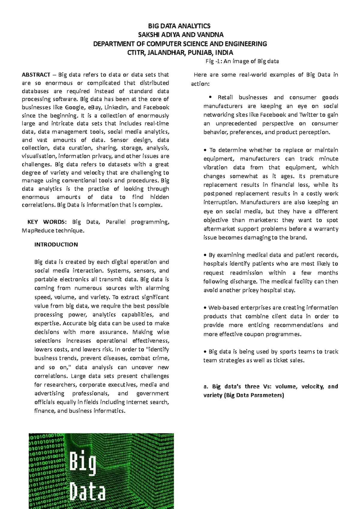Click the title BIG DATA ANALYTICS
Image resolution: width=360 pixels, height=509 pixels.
pyautogui.click(x=179, y=26)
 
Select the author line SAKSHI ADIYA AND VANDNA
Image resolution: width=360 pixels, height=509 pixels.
pyautogui.click(x=180, y=35)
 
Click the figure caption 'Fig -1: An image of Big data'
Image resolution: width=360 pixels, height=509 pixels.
pyautogui.click(x=242, y=61)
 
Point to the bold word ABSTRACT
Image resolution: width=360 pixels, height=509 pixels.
pyautogui.click(x=36, y=75)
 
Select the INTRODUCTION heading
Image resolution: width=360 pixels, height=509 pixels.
pyautogui.click(x=56, y=245)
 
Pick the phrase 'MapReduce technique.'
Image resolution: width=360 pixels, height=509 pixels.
pyautogui.click(x=53, y=231)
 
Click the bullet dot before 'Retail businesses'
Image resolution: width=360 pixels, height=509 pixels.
pyautogui.click(x=210, y=97)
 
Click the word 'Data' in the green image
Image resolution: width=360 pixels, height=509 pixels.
pyautogui.click(x=87, y=493)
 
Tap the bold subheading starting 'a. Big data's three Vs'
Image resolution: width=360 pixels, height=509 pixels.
pyautogui.click(x=270, y=391)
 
